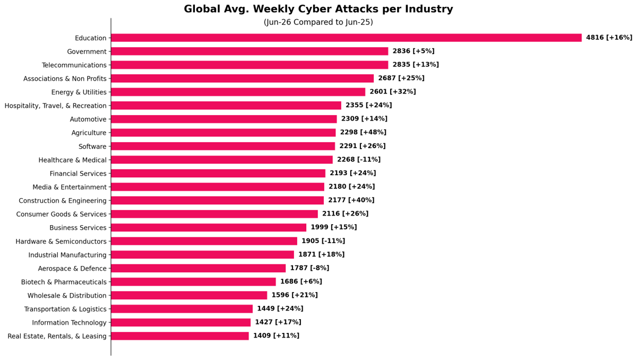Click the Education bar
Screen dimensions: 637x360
pyautogui.click(x=346, y=38)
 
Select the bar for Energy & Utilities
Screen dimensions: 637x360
pyautogui.click(x=238, y=92)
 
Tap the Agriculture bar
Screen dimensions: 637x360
pyautogui.click(x=223, y=133)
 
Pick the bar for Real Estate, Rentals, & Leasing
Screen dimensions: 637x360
pyautogui.click(x=180, y=336)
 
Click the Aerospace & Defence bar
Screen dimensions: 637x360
pyautogui.click(x=198, y=268)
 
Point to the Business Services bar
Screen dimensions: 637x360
pyautogui.click(x=209, y=227)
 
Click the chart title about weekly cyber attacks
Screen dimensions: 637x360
pyautogui.click(x=318, y=9)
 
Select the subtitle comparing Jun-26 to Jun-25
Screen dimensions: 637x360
pyautogui.click(x=318, y=22)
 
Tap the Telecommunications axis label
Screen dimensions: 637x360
pyautogui.click(x=74, y=65)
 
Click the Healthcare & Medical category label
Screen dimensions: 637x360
pyautogui.click(x=73, y=160)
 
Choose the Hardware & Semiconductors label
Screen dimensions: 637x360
pyautogui.click(x=61, y=242)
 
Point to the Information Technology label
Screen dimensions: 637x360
pyautogui.click(x=69, y=323)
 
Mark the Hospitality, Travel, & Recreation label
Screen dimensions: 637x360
pyautogui.click(x=55, y=106)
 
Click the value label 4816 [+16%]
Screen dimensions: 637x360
pyautogui.click(x=609, y=38)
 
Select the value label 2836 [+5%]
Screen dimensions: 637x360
pyautogui.click(x=414, y=51)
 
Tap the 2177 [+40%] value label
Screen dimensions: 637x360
pyautogui.click(x=351, y=200)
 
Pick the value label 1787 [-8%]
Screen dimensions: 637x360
pyautogui.click(x=309, y=268)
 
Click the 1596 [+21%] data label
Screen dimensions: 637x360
pyautogui.click(x=295, y=295)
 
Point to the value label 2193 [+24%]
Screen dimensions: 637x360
pyautogui.click(x=352, y=173)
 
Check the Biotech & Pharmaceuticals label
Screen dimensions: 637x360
pyautogui.click(x=64, y=282)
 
